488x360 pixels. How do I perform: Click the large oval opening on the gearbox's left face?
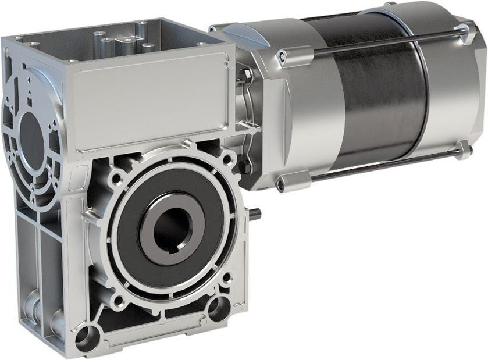click(x=31, y=133)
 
